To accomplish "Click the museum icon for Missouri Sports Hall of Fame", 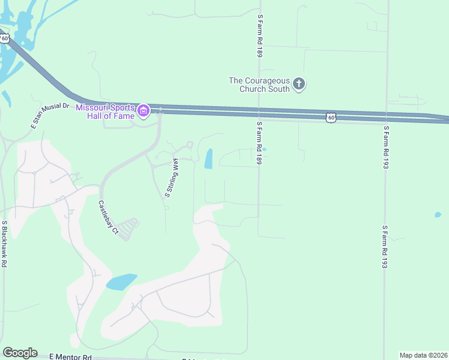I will coord(143,111).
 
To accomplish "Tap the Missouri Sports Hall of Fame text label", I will coord(106,111).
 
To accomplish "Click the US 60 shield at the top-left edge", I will coord(5,38).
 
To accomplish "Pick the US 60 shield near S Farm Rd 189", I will coord(331,118).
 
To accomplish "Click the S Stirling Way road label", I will coord(172,178).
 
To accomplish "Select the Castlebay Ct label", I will coord(109,217).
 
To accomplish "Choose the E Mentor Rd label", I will coord(70,356).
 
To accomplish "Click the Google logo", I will coord(20,353).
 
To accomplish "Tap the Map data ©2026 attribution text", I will coord(424,355).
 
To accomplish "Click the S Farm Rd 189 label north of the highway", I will coord(260,36).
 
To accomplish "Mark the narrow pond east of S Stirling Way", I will coord(209,159).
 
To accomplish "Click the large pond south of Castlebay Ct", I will coord(121,281).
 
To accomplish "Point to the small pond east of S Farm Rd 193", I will coord(438,215).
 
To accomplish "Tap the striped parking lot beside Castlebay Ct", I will coord(128,229).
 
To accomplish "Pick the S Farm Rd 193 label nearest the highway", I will coord(386,146).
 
